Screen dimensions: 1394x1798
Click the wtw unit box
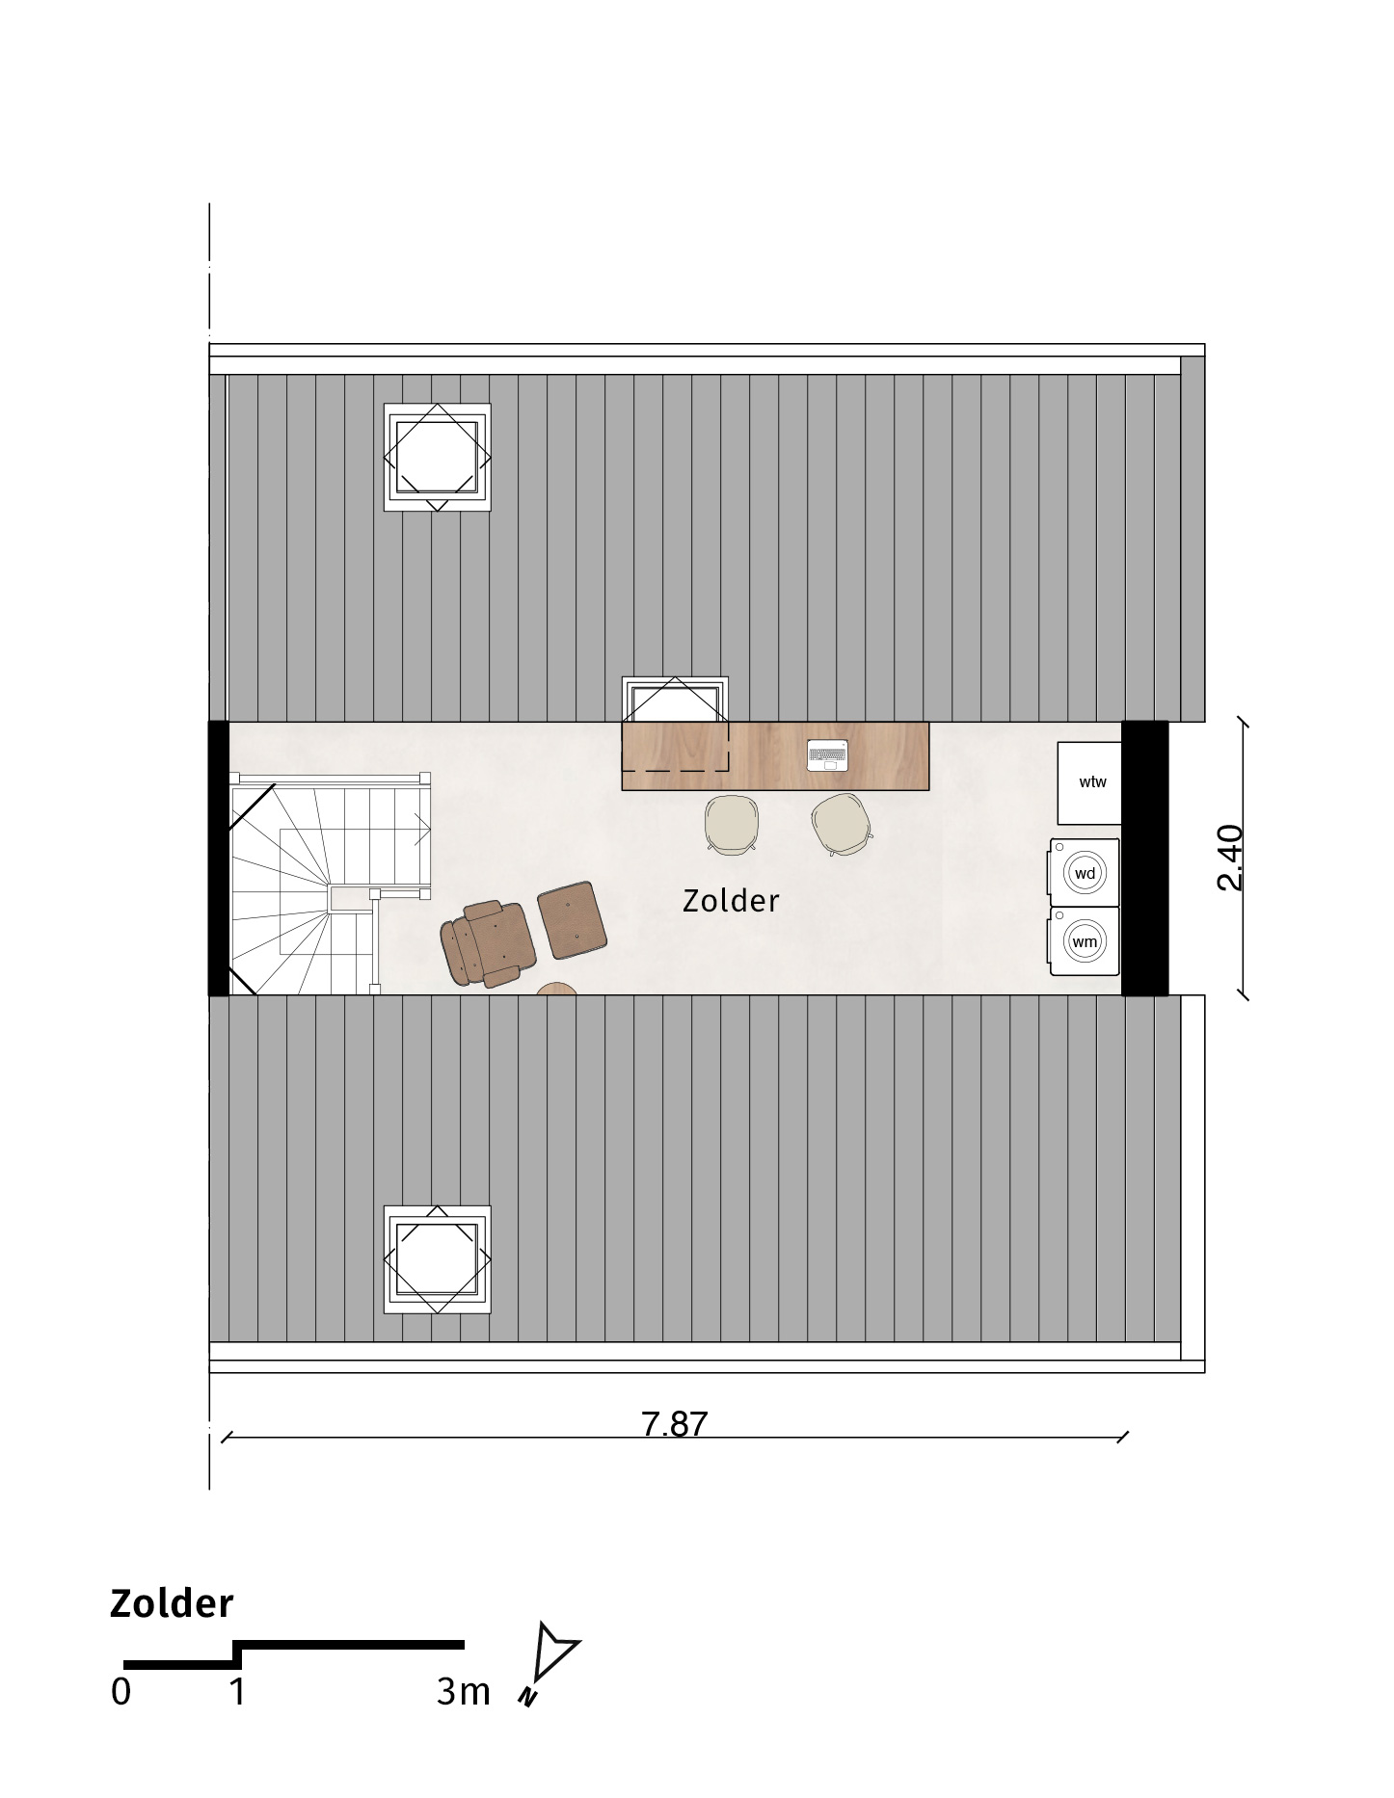click(x=1089, y=782)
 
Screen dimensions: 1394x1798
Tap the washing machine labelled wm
click(x=1085, y=941)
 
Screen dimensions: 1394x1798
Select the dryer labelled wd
click(x=1085, y=873)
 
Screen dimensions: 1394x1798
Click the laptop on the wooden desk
click(x=827, y=755)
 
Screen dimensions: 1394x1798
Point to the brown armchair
click(x=488, y=943)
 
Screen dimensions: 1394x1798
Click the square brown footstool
click(x=572, y=920)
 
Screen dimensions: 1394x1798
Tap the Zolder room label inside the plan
click(x=731, y=901)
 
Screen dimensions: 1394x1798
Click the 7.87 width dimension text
click(x=675, y=1423)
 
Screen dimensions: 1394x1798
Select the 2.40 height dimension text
click(x=1231, y=858)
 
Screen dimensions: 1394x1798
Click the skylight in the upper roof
click(x=437, y=458)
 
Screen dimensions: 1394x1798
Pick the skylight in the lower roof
click(x=437, y=1258)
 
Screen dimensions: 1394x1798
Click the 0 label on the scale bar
click(x=121, y=1692)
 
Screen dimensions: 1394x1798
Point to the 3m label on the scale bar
click(x=464, y=1692)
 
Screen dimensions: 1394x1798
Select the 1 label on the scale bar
click(x=237, y=1692)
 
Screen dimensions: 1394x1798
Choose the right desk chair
click(x=842, y=825)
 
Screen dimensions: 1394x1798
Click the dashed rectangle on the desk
click(x=676, y=747)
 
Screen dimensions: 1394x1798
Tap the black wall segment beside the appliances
click(x=1145, y=858)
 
